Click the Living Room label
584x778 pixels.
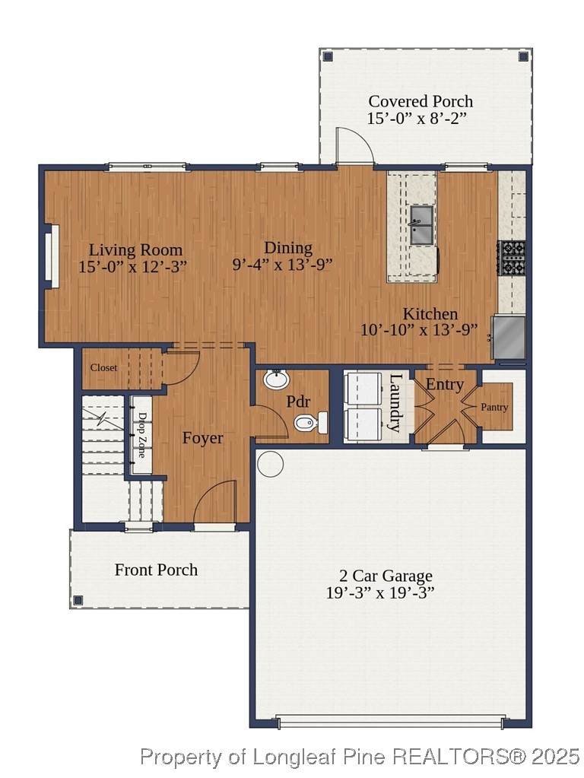pos(135,249)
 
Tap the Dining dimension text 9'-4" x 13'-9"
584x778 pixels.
pos(282,265)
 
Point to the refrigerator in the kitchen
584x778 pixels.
pos(509,338)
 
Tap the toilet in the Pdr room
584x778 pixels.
pos(310,423)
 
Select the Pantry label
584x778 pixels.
pos(494,408)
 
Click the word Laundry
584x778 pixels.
pos(395,403)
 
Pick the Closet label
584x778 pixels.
pos(103,367)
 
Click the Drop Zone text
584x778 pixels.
pos(141,435)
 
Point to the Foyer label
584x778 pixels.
pos(202,438)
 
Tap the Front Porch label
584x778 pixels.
pos(157,570)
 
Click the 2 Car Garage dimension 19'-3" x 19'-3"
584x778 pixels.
pos(380,592)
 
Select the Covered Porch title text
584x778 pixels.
pos(421,101)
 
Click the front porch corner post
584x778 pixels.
pos(78,600)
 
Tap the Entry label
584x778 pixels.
pos(445,385)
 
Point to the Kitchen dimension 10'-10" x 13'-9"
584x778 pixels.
pos(419,330)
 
